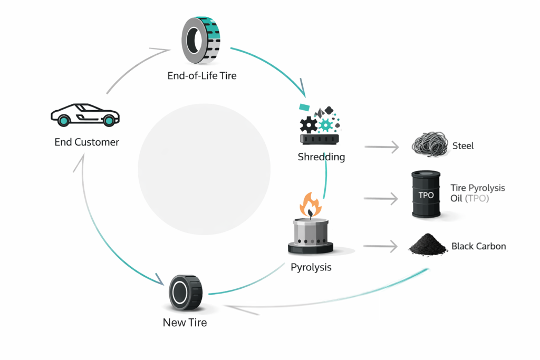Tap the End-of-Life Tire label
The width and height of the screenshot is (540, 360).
pyautogui.click(x=202, y=76)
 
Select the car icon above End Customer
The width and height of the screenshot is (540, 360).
pyautogui.click(x=85, y=114)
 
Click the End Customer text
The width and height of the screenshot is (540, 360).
pyautogui.click(x=87, y=142)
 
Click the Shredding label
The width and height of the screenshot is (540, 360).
pyautogui.click(x=321, y=157)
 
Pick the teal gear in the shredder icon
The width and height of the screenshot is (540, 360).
pyautogui.click(x=326, y=124)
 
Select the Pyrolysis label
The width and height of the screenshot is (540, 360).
pyautogui.click(x=311, y=267)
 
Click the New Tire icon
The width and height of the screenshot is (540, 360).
pyautogui.click(x=185, y=292)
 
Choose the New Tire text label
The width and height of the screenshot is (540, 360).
pyautogui.click(x=185, y=323)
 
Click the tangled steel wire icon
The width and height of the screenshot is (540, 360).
pyautogui.click(x=429, y=145)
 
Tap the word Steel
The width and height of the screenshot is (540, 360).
pyautogui.click(x=463, y=145)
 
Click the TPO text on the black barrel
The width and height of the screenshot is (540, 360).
pyautogui.click(x=426, y=195)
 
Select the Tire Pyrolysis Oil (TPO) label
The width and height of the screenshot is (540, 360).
pyautogui.click(x=478, y=193)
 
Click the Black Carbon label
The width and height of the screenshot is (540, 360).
pyautogui.click(x=479, y=246)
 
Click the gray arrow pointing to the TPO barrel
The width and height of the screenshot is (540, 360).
pyautogui.click(x=381, y=199)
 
